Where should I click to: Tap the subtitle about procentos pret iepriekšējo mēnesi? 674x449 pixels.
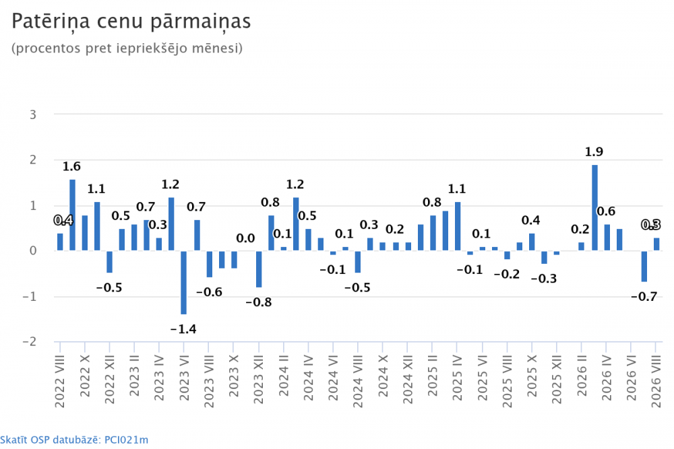tap(127, 48)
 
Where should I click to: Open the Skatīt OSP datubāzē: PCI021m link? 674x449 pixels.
tap(74, 440)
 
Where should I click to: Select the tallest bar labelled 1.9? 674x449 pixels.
tap(594, 208)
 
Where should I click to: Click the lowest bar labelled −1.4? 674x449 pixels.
tap(183, 283)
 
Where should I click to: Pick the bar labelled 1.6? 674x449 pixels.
tap(72, 215)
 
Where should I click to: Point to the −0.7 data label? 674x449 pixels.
tap(644, 297)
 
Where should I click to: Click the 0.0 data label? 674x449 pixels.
tap(245, 238)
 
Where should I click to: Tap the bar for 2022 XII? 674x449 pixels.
tap(110, 262)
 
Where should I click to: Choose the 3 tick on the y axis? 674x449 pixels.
tap(32, 115)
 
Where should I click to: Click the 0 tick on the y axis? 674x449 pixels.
tap(33, 251)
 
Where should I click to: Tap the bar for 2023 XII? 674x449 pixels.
tap(259, 269)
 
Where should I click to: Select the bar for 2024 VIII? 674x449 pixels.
tap(358, 262)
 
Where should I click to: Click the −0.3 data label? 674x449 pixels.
tap(544, 279)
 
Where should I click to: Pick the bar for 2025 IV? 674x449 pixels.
tap(458, 226)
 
